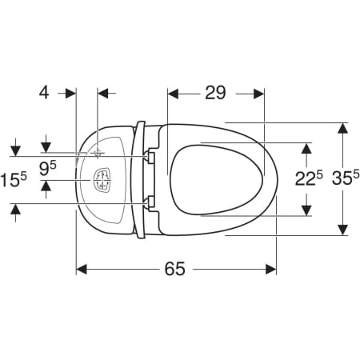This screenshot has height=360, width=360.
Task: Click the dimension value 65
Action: [174, 269]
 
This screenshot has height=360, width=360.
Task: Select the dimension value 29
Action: [215, 93]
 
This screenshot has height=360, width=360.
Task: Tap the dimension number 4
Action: [44, 93]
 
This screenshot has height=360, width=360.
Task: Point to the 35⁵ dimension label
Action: [346, 178]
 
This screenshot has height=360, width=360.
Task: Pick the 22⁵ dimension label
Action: [309, 178]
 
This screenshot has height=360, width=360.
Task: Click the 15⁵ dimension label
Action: [14, 179]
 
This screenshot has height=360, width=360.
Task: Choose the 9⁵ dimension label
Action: [48, 169]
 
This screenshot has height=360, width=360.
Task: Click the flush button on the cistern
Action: [102, 179]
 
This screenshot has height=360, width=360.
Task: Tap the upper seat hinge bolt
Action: [149, 156]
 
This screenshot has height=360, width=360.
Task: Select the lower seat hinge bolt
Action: [149, 203]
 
